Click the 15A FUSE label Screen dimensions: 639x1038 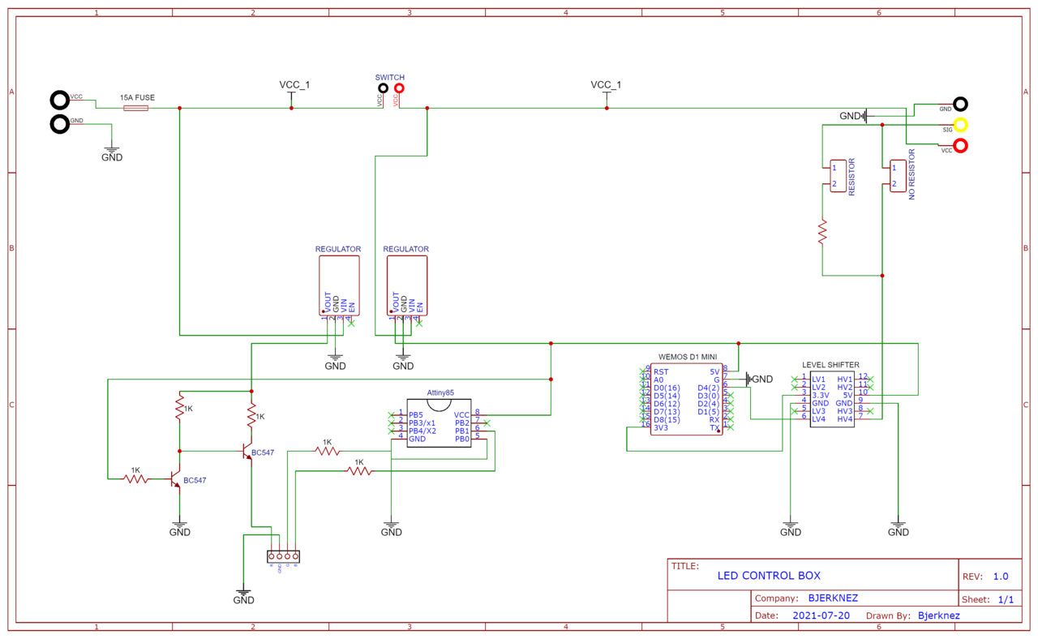point(137,97)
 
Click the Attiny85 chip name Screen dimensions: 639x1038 point(440,392)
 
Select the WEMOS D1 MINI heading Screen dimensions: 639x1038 point(687,357)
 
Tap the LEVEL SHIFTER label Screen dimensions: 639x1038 point(830,365)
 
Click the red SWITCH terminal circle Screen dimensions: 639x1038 point(399,88)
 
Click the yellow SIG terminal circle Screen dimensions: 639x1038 point(961,125)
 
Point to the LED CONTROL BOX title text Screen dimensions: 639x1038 point(768,576)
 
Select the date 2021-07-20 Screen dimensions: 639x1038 point(821,615)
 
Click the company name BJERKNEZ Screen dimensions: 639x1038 point(833,598)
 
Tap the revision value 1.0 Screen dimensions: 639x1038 point(1001,577)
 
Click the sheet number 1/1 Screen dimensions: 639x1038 point(1006,599)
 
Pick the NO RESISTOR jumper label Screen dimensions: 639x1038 point(912,174)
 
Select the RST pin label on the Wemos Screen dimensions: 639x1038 point(661,371)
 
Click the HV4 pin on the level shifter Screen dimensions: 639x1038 point(845,419)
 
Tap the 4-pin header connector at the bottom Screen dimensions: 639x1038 point(283,556)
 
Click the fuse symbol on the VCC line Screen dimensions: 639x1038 point(135,108)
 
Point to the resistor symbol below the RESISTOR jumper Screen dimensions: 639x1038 point(822,231)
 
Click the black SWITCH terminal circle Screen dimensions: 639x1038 point(383,88)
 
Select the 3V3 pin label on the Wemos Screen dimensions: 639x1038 point(661,428)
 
